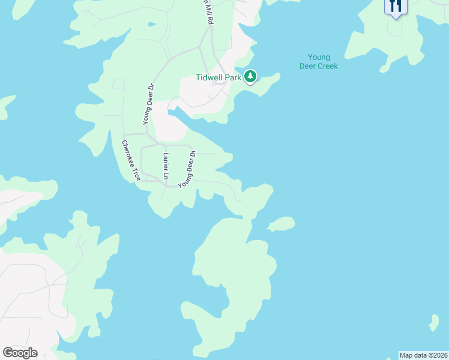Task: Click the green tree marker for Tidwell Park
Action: tap(250, 77)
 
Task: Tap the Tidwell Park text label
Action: tap(218, 77)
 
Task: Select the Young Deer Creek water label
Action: tap(318, 62)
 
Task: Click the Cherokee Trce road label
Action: tap(131, 161)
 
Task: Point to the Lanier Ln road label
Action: tap(166, 166)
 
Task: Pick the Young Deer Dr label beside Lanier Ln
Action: tap(187, 169)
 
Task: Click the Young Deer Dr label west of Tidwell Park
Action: tap(149, 104)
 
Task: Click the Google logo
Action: tap(20, 353)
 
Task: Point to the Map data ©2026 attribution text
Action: tap(423, 355)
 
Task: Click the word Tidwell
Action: tap(209, 77)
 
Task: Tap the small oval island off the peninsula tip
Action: tap(281, 224)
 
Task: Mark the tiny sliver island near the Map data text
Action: tap(433, 323)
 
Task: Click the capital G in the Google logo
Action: tap(8, 352)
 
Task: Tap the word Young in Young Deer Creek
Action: tap(318, 58)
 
